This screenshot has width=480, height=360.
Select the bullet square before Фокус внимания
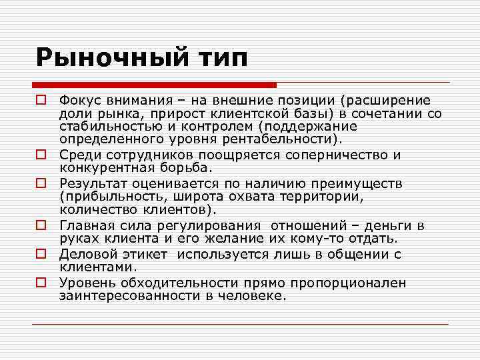[x=41, y=100]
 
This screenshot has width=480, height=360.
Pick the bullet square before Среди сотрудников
[x=41, y=155]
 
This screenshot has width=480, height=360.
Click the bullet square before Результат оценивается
[x=41, y=182]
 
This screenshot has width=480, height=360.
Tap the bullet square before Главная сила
[x=41, y=225]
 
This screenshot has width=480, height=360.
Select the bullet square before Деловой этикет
[x=41, y=253]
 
